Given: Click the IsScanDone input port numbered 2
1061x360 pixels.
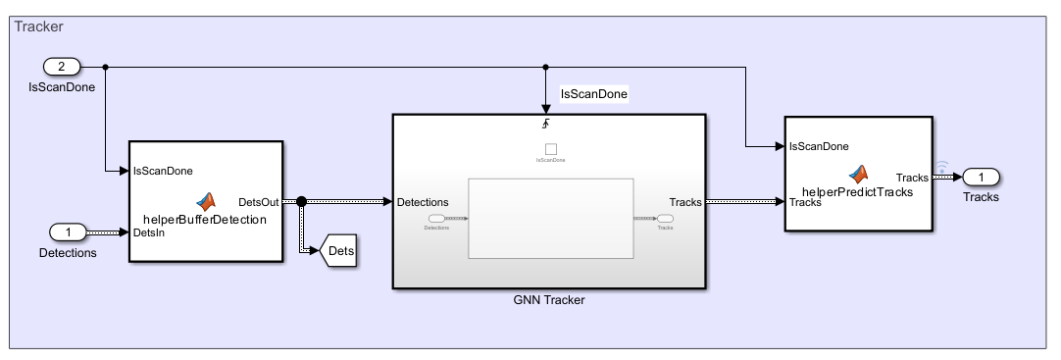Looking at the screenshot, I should click(x=61, y=67).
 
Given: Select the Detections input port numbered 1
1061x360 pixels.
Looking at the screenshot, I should click(x=68, y=232).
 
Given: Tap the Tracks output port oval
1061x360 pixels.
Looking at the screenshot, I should click(x=980, y=177).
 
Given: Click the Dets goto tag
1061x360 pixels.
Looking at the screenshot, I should click(x=339, y=250).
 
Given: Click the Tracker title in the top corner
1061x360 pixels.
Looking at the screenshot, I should click(x=38, y=26).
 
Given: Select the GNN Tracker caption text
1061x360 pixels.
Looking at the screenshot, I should click(x=548, y=300).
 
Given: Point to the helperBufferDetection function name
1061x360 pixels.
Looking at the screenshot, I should click(x=205, y=220).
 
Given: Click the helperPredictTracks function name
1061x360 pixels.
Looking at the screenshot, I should click(x=857, y=192).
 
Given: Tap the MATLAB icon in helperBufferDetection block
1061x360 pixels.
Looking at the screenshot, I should click(x=206, y=201).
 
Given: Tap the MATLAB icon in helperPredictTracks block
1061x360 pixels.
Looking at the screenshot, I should click(x=859, y=174).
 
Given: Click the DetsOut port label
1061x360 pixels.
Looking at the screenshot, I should click(x=259, y=201).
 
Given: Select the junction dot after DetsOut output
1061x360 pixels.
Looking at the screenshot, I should click(x=301, y=201).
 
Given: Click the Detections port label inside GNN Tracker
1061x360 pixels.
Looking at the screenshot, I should click(x=423, y=202).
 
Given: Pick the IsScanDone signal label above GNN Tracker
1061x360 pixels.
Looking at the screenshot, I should click(x=593, y=94).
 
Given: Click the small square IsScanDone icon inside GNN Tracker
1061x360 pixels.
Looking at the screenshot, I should click(x=549, y=149).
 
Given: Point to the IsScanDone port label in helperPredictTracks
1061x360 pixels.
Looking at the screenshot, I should click(x=819, y=147).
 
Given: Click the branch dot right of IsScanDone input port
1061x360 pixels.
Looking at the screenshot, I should click(x=105, y=67).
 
